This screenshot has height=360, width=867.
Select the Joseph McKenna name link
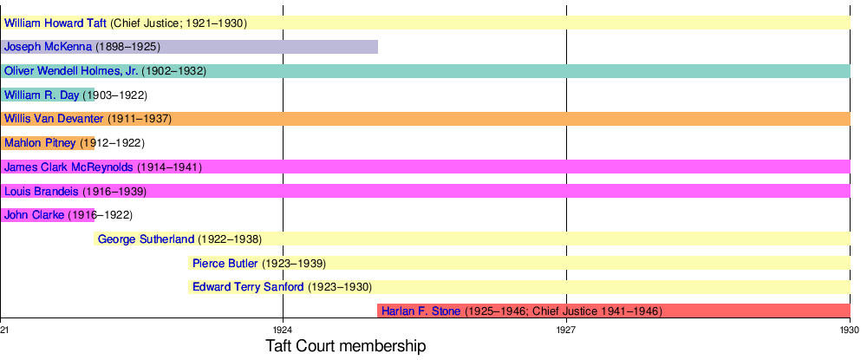48,47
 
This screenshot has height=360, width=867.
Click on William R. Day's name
42,95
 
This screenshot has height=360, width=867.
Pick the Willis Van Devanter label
54,118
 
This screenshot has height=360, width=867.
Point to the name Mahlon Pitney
40,142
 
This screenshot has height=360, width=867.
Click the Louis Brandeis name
42,191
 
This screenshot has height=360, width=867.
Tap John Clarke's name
34,214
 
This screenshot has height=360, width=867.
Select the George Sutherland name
147,239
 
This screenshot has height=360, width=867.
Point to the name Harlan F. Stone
420,311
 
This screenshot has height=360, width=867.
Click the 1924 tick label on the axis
282,331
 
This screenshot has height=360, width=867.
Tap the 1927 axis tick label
566,331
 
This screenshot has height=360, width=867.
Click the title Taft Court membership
345,347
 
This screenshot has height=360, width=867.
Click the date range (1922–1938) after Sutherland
230,239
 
